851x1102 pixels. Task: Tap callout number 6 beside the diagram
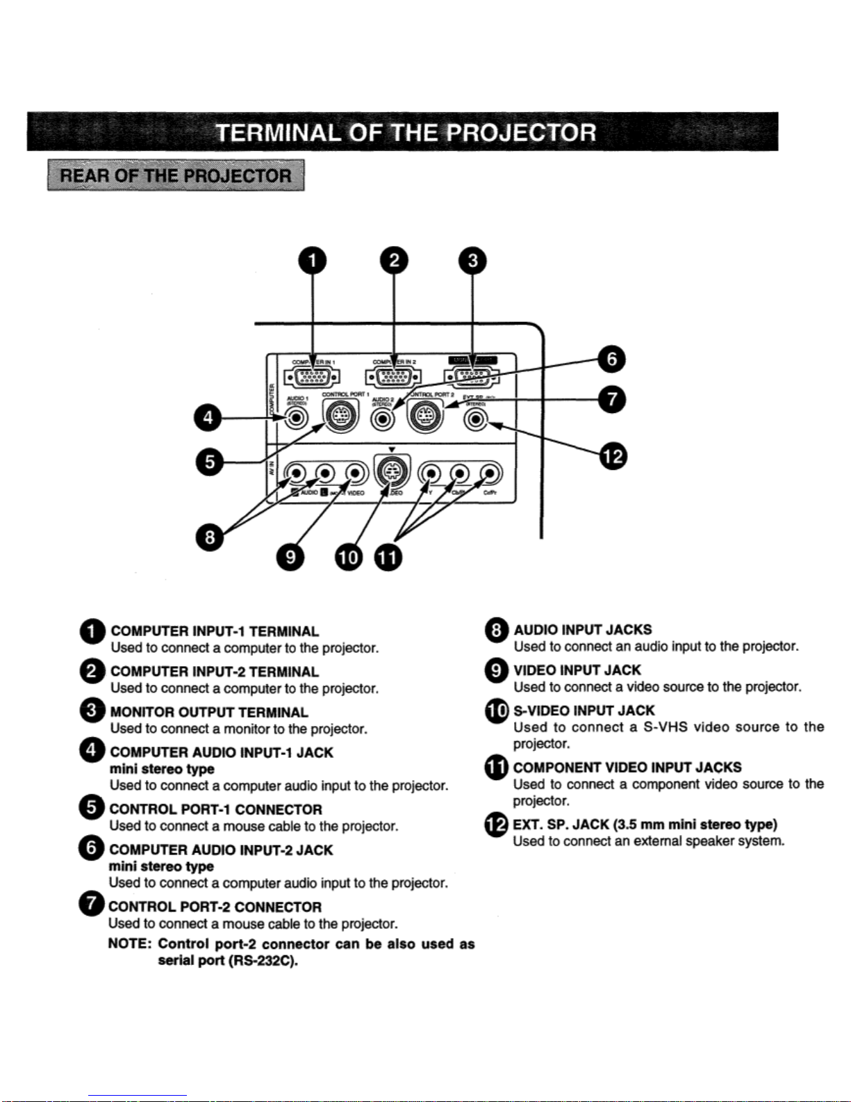click(612, 359)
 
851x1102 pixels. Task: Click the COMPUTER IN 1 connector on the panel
click(312, 378)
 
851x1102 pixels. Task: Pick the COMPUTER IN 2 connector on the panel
click(393, 378)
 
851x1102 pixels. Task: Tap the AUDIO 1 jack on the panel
click(297, 419)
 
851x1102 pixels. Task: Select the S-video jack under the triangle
click(392, 471)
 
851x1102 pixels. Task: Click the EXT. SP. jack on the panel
click(476, 420)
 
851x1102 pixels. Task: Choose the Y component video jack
click(431, 474)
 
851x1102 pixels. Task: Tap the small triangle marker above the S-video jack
click(392, 449)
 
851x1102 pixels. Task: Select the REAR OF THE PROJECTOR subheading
click(176, 175)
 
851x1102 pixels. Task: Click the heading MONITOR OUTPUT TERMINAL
click(208, 712)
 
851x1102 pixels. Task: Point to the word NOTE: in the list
click(129, 943)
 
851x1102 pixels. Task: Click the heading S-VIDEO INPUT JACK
click(584, 711)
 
